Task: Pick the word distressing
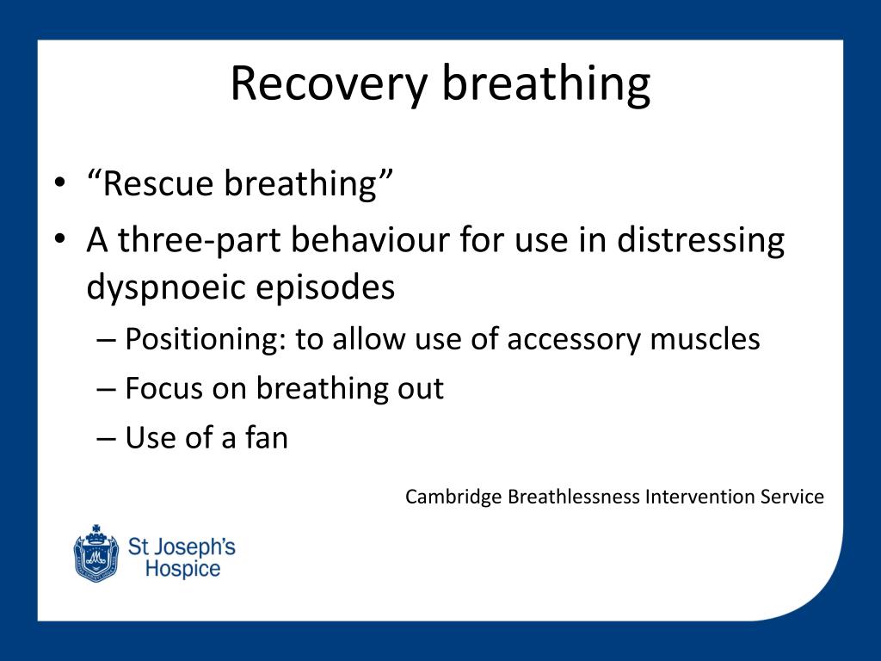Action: (x=700, y=240)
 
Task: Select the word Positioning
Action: (x=206, y=339)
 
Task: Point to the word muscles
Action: (x=705, y=339)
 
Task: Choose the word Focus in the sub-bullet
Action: (x=160, y=388)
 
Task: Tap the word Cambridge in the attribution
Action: (x=453, y=497)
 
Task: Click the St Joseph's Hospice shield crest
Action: (x=95, y=554)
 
